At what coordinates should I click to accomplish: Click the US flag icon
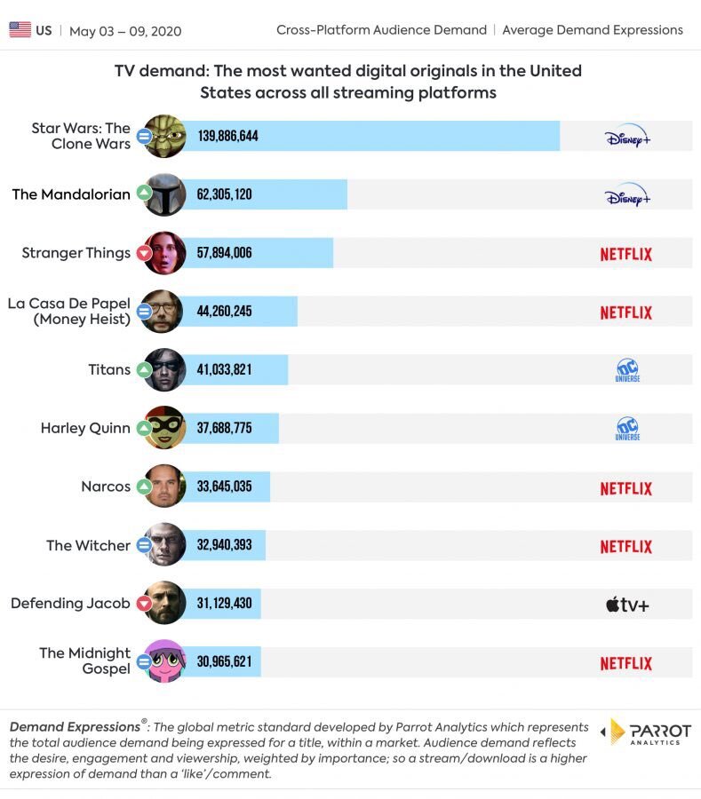pos(20,30)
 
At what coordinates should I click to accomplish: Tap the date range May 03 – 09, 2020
pos(125,31)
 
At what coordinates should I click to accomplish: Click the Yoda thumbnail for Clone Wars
pos(165,136)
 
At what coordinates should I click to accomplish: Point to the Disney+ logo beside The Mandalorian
pos(627,195)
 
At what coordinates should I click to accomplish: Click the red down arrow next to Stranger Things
pos(144,253)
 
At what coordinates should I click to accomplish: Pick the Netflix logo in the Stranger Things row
pos(625,254)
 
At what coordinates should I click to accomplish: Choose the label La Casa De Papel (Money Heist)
pos(69,312)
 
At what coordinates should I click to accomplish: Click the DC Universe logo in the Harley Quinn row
pos(627,429)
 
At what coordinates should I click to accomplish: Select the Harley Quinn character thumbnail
pos(165,428)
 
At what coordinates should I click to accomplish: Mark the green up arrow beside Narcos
pos(144,487)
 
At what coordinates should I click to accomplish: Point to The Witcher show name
pos(88,545)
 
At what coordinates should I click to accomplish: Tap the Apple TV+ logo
pos(627,605)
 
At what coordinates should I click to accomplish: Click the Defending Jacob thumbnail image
pos(165,604)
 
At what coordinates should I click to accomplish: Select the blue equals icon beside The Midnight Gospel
pos(144,661)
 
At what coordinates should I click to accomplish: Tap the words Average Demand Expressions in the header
pos(593,30)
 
